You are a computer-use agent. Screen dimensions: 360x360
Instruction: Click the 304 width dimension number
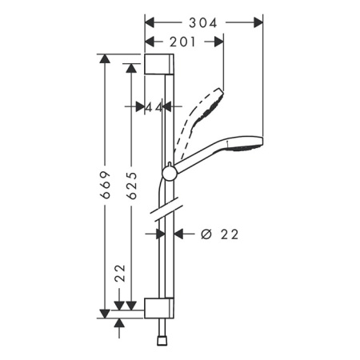point(203,23)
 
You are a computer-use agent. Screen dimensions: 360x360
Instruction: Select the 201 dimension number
point(183,42)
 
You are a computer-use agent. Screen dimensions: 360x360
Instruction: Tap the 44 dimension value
point(154,107)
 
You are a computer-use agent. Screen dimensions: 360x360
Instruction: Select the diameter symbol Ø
point(205,234)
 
